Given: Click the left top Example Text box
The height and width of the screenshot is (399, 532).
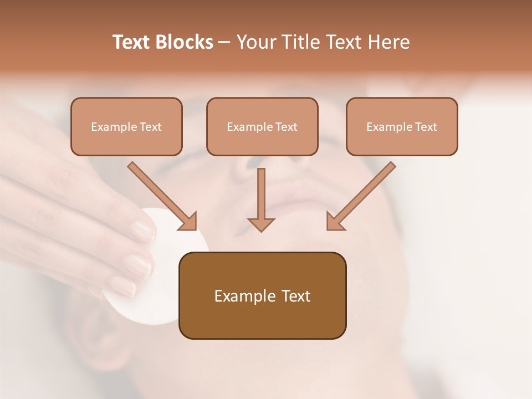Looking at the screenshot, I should (x=126, y=127).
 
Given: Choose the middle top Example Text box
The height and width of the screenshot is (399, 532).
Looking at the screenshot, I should (x=262, y=127).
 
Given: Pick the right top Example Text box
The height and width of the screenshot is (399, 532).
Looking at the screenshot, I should (x=402, y=127).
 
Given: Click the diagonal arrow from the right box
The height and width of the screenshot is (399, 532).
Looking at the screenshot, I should (x=360, y=197).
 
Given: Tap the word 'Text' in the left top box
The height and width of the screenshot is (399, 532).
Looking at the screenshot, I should (x=151, y=127).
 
